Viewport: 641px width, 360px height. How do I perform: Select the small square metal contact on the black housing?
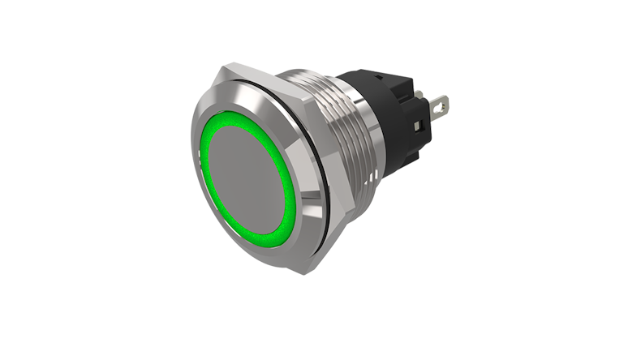(416, 127)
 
